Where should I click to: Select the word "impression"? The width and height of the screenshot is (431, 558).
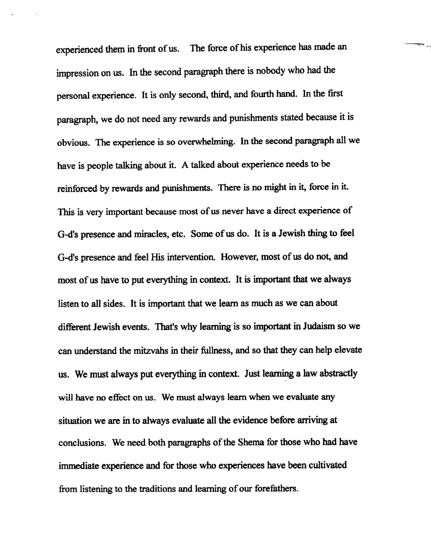click(77, 73)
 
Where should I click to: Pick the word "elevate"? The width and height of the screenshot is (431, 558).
click(348, 350)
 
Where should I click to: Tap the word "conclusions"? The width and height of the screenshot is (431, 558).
click(82, 443)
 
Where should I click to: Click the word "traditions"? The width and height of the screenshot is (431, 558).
click(157, 489)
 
